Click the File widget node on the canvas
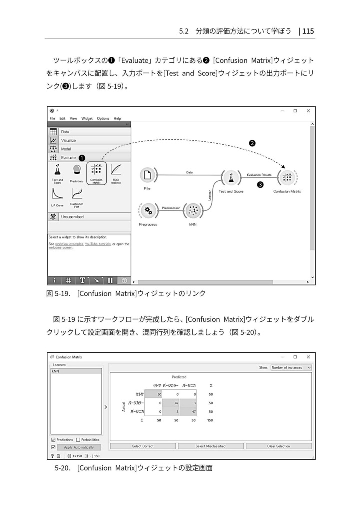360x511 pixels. (147, 175)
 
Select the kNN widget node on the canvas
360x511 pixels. (193, 211)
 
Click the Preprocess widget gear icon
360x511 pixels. (148, 211)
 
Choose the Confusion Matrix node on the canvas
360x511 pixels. (287, 177)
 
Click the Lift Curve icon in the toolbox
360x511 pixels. (57, 193)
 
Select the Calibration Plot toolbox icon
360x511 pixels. (77, 193)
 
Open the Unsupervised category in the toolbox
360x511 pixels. (72, 217)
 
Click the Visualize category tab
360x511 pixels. (68, 140)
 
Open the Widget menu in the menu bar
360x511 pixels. (87, 118)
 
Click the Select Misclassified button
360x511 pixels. (210, 446)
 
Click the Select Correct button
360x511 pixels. (143, 446)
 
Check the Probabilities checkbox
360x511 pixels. (78, 440)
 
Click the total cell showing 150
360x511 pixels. (210, 420)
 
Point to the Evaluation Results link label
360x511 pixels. (259, 175)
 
